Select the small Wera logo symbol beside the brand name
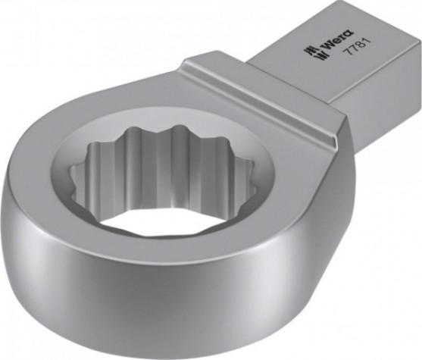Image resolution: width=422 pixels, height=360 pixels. (x=311, y=52)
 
